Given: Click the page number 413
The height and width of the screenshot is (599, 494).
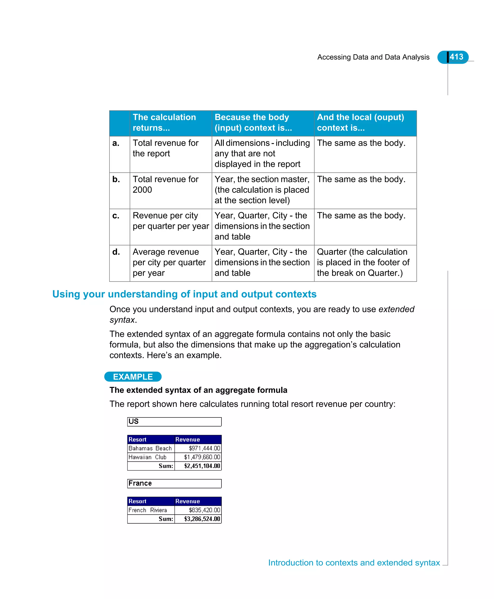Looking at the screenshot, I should point(456,57).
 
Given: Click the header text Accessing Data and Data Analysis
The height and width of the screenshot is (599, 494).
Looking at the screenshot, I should point(373,57).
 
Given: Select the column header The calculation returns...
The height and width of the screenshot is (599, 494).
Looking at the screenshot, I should point(165,122).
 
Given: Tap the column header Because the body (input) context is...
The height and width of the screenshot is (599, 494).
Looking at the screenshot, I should point(253,122).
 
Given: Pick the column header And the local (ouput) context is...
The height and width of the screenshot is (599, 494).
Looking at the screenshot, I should point(360,122).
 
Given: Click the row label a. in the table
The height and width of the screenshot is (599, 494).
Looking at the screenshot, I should point(116,143).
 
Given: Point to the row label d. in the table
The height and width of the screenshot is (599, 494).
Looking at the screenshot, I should point(116,252).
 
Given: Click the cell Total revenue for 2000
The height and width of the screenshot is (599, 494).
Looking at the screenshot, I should point(166,184).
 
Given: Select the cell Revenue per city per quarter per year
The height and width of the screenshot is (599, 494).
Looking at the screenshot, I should point(171,221).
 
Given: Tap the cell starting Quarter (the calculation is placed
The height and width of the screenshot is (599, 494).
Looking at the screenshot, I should point(363,262).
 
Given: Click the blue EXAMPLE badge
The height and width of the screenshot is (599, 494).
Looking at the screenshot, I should point(133,377).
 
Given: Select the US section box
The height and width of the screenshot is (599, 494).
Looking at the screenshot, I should point(174,422).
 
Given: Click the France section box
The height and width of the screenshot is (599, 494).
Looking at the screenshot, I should point(174,483).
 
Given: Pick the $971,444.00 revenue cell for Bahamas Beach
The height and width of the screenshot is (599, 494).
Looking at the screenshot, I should point(204,448).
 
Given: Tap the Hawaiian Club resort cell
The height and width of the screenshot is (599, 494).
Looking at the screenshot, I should point(147,457).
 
